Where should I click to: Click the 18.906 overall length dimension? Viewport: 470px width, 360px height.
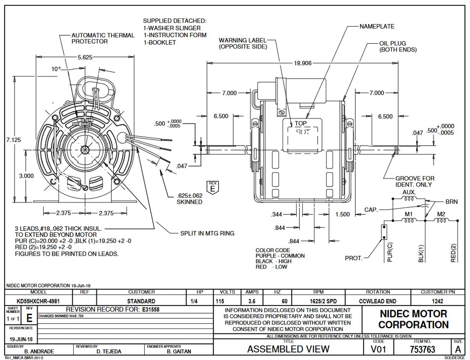point(303,63)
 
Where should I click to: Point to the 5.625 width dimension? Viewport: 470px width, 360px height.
point(85,57)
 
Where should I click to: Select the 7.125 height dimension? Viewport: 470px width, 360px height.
point(14,140)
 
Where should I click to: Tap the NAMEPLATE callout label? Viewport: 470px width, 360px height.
point(377,26)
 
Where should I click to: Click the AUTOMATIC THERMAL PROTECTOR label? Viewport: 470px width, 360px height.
point(103,39)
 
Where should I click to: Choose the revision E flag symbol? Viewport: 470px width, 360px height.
point(212,187)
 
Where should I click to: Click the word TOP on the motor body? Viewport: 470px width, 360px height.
point(300,124)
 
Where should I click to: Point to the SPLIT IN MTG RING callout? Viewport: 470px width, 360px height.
point(207,233)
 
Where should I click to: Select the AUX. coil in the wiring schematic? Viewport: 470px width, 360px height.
point(409,199)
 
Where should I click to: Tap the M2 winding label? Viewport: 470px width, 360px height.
point(441,214)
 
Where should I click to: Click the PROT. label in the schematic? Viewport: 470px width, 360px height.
point(354,258)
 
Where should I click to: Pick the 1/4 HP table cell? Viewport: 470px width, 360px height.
point(200,301)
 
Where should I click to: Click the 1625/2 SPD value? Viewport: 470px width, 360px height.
point(318,301)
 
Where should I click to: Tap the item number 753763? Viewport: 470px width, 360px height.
point(422,349)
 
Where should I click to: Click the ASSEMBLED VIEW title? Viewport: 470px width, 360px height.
point(288,349)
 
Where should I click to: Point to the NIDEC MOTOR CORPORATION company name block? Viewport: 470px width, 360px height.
point(413,319)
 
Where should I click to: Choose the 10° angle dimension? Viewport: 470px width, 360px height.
point(55,69)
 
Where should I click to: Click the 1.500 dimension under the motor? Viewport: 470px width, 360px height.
point(343,214)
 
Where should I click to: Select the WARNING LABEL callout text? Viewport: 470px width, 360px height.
point(243,43)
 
